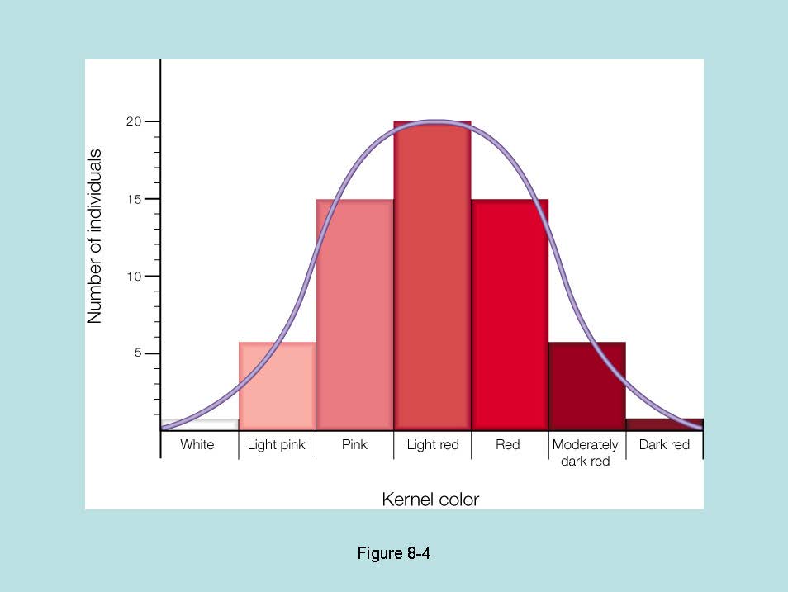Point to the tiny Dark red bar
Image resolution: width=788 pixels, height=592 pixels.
click(x=663, y=424)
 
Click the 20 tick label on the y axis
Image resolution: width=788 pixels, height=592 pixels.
click(x=134, y=122)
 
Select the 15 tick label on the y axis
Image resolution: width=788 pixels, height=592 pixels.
click(x=134, y=199)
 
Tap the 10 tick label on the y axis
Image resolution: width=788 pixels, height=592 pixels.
click(x=134, y=277)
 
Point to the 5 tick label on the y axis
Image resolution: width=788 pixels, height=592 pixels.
click(x=139, y=353)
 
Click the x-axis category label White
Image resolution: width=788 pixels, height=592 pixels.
click(x=197, y=445)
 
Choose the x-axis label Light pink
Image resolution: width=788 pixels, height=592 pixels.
click(x=277, y=445)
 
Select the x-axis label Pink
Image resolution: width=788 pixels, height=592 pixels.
click(x=354, y=445)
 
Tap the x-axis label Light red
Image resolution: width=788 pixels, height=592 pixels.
click(x=432, y=445)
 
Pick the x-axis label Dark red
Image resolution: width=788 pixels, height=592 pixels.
click(x=664, y=445)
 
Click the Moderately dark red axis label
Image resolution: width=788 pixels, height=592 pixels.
click(x=586, y=452)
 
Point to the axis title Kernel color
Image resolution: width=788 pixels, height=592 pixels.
click(x=430, y=500)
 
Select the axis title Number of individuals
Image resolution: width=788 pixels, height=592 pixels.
click(x=95, y=236)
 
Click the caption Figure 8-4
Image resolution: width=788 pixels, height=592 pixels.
click(x=394, y=553)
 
